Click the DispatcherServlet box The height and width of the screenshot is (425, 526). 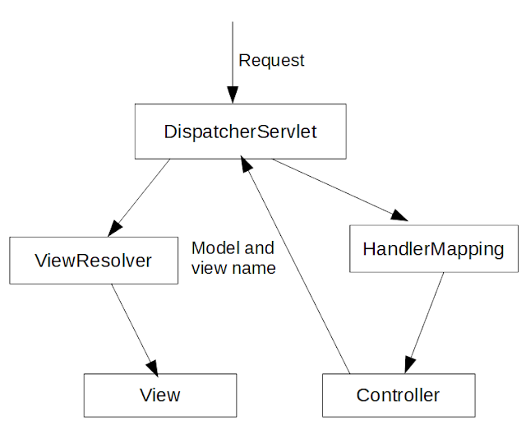[241, 132]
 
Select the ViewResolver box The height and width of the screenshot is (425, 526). [94, 261]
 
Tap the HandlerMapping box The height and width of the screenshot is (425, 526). [434, 248]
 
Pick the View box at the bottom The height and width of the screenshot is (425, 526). [160, 395]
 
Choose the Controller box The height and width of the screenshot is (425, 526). [399, 395]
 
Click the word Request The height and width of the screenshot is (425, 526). [271, 61]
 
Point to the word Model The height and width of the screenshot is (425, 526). [215, 248]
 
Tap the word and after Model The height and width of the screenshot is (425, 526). [260, 248]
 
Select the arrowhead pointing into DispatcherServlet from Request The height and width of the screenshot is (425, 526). [233, 95]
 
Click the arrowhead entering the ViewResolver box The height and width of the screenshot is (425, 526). [114, 229]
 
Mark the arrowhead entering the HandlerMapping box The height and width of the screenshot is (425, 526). [399, 215]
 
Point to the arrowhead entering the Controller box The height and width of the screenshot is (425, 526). [409, 365]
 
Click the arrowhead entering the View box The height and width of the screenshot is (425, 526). [152, 367]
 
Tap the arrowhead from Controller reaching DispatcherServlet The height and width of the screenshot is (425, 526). [246, 164]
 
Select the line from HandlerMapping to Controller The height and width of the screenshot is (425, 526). [424, 323]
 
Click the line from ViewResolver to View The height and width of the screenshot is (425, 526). [135, 329]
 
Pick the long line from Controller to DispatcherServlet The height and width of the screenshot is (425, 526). [295, 265]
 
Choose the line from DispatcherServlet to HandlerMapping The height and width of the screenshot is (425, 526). [339, 190]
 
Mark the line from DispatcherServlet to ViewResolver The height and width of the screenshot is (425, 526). [139, 198]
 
